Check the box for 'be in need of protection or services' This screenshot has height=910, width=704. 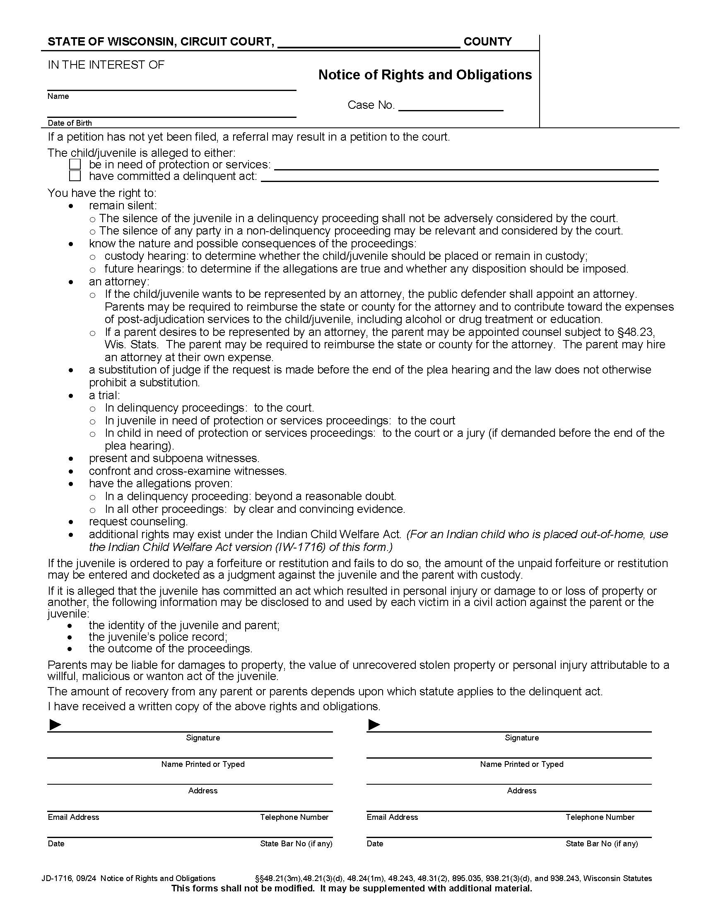(75, 165)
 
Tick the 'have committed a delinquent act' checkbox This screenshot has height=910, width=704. (75, 176)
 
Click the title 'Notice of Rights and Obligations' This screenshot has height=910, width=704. (425, 75)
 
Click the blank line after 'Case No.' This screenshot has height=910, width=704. (451, 106)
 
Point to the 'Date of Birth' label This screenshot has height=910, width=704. (70, 123)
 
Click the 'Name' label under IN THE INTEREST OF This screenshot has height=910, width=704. (58, 96)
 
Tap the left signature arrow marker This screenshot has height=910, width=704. (55, 725)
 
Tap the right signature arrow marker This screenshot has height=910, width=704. (374, 725)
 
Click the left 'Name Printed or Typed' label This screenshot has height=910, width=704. (203, 764)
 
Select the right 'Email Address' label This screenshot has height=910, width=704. (392, 817)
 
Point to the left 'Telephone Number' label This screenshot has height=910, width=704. (294, 817)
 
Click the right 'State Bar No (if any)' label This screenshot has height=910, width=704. (601, 844)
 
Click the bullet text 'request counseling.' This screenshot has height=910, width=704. (138, 522)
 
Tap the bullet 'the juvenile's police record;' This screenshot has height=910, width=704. (158, 637)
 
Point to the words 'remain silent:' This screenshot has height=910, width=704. (123, 206)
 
